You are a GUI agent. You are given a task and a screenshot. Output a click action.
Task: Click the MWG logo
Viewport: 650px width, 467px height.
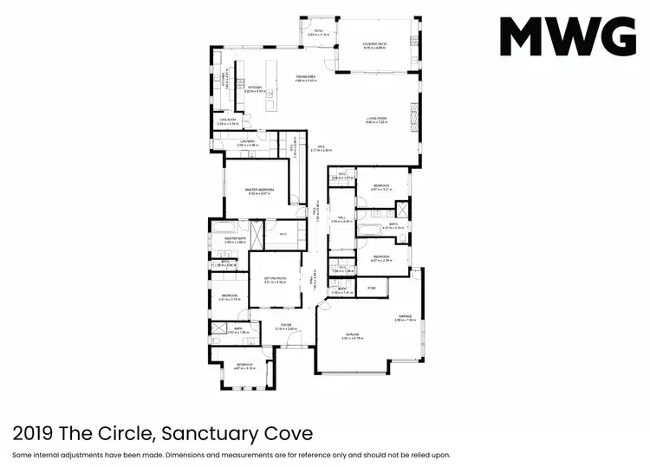click(x=568, y=36)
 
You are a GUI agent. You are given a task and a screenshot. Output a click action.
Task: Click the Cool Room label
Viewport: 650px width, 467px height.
click(x=228, y=122)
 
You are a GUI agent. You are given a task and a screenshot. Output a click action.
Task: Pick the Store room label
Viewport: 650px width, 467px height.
click(x=372, y=288)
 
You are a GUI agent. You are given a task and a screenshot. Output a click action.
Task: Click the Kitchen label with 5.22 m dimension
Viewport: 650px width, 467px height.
click(x=256, y=88)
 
